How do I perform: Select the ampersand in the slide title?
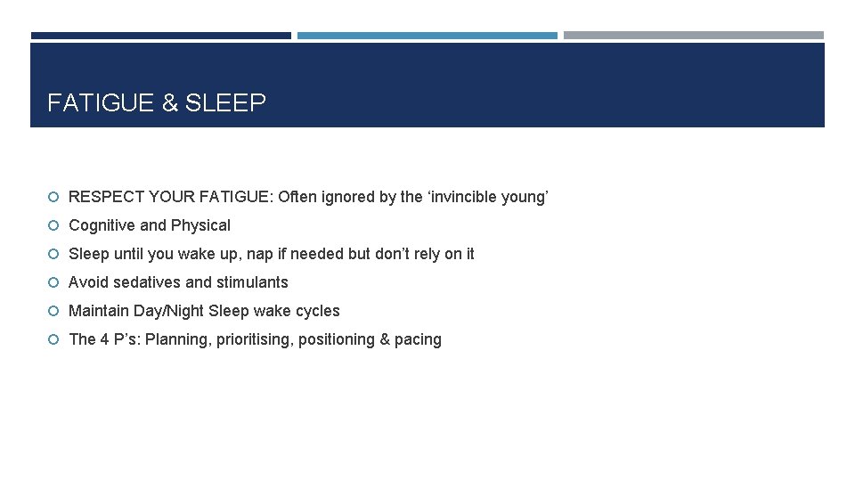coord(170,103)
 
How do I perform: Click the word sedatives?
coord(146,282)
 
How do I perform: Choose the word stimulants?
coord(250,282)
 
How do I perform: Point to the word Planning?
coord(176,339)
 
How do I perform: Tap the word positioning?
coord(338,339)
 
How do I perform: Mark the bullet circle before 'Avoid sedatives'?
coord(54,282)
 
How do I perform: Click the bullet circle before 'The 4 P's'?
coord(54,339)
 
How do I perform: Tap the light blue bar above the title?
coord(427,36)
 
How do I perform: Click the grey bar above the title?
coord(694,36)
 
